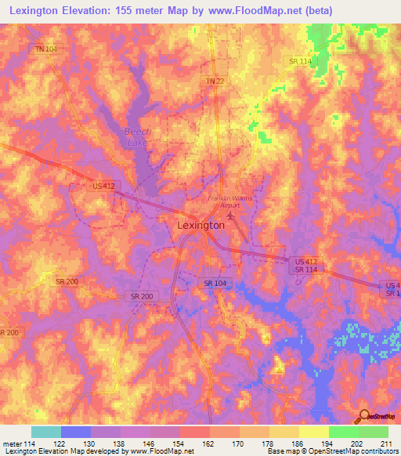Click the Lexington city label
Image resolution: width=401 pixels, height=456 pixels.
[197, 225]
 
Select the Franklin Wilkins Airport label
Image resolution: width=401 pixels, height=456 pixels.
[230, 202]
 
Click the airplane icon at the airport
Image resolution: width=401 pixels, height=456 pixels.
[230, 214]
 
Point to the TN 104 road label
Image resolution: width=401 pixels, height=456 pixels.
[46, 49]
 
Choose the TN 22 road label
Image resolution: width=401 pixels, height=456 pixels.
[215, 81]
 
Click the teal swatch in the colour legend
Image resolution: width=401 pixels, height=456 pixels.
[46, 432]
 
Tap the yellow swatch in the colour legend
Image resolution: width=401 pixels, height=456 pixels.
[314, 432]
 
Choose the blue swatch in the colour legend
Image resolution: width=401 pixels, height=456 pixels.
[76, 432]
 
